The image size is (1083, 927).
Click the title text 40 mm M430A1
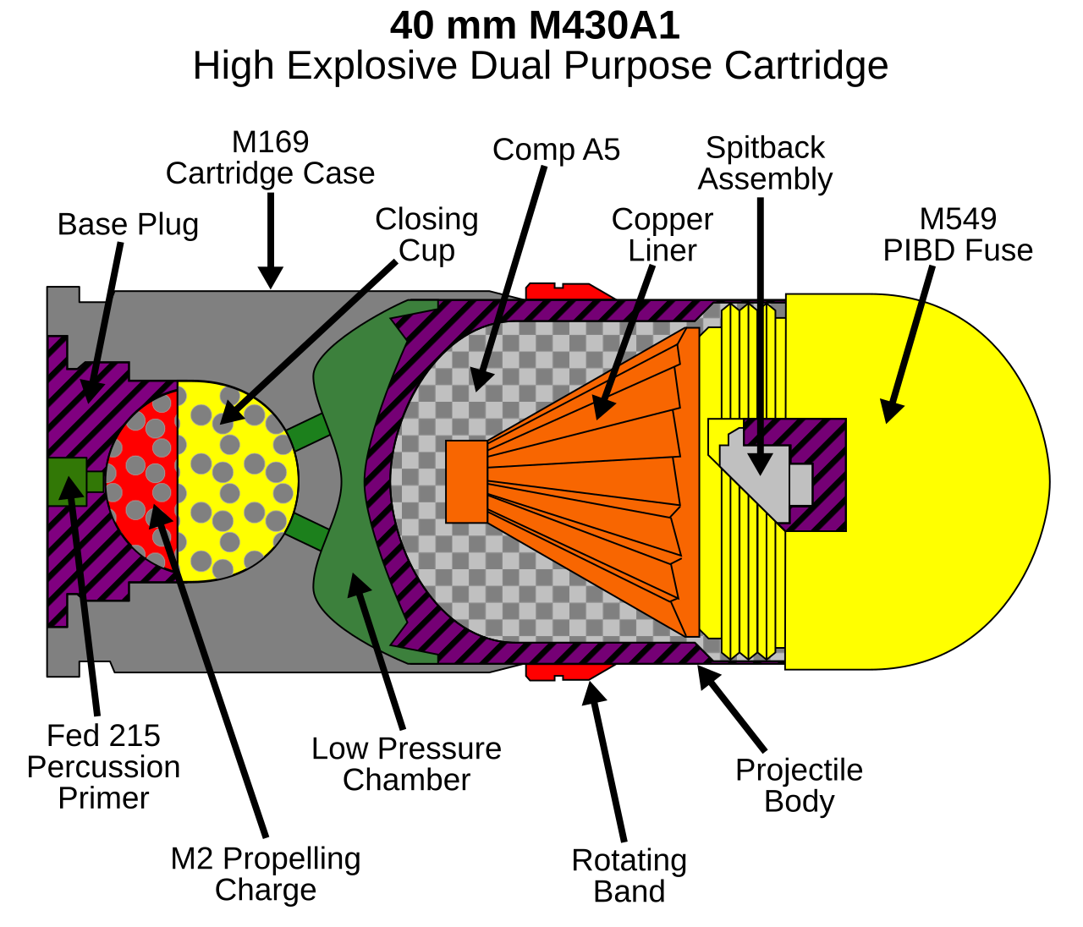535,25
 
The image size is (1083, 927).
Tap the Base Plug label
128,225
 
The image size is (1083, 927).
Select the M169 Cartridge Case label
270,157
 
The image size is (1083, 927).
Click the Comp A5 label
556,150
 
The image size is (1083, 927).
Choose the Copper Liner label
662,234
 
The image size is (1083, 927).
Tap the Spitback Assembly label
765,163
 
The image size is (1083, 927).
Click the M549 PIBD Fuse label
958,234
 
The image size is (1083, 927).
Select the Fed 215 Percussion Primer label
103,767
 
